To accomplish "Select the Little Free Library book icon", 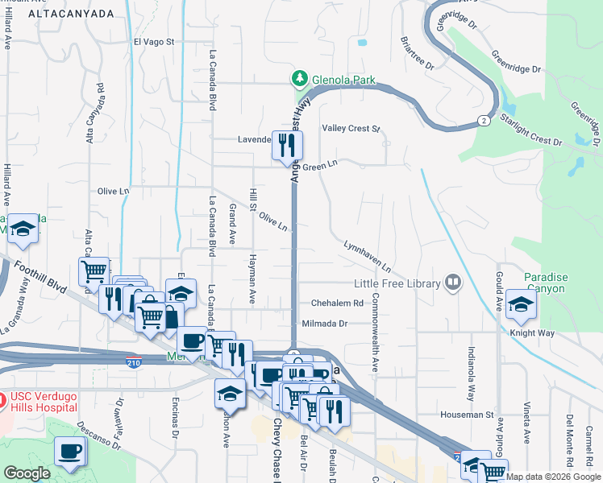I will click(x=453, y=283).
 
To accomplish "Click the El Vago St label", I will click(x=154, y=42).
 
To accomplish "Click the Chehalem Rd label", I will click(x=338, y=303).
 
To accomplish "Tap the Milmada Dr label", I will click(x=324, y=324).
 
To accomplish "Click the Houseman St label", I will click(x=467, y=415).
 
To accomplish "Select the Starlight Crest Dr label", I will click(x=530, y=129).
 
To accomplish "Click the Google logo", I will click(x=27, y=473).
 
